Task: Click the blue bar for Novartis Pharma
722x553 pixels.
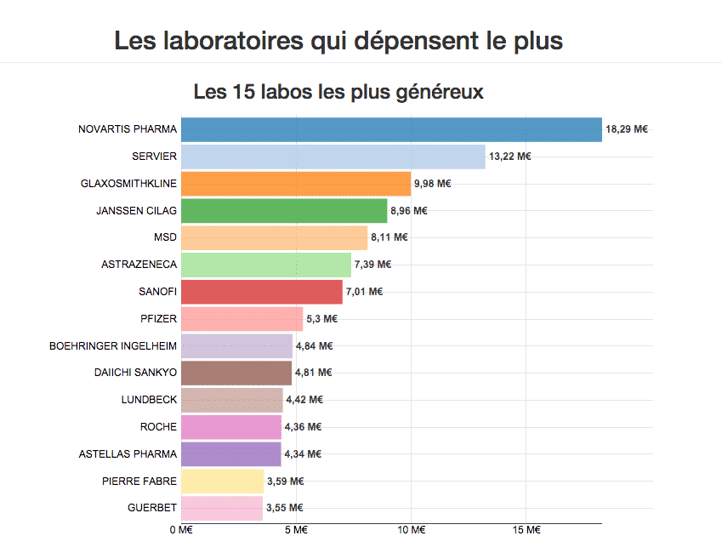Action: tap(391, 129)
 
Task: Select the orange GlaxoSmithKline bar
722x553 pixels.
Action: tap(296, 183)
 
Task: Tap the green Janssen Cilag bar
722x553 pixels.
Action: tap(284, 210)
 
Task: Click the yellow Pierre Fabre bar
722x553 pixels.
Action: tap(222, 481)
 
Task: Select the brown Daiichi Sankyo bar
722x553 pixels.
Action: tap(236, 372)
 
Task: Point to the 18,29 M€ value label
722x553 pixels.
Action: tap(627, 129)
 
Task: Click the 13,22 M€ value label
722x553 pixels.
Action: tap(509, 157)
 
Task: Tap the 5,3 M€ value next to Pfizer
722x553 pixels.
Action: tap(321, 318)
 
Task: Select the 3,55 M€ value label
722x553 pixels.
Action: tap(285, 508)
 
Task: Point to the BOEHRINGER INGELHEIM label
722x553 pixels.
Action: tap(113, 345)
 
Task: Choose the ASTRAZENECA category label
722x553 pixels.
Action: tap(139, 265)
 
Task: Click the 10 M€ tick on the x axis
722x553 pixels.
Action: tap(412, 531)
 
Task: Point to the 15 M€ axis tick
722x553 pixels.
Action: tap(527, 531)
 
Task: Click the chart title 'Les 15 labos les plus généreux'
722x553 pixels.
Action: tap(338, 91)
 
